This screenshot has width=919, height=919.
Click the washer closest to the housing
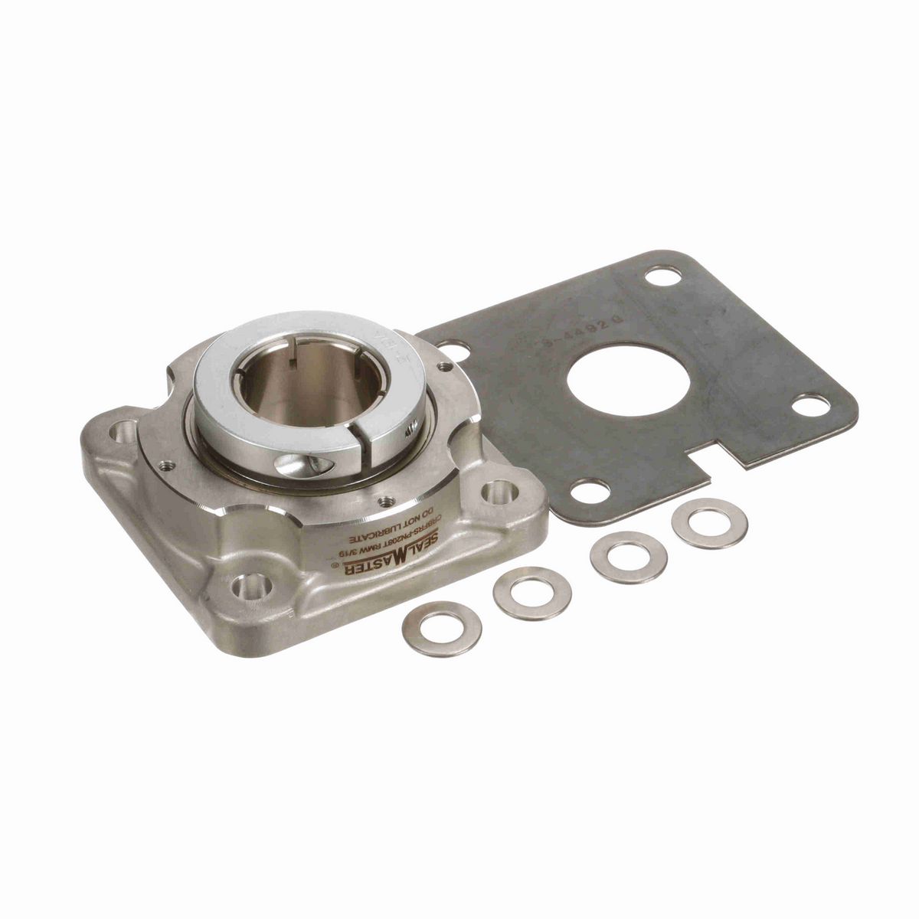(442, 629)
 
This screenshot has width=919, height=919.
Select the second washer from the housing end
(532, 592)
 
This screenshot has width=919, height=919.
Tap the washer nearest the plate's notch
(708, 522)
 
